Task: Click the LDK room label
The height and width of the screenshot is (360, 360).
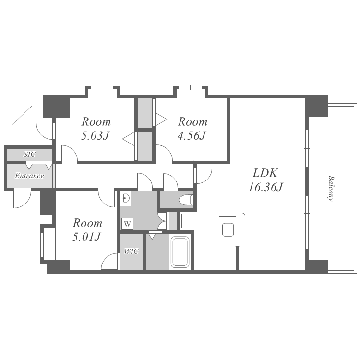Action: [265, 173]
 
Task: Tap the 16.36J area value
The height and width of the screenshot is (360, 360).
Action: [265, 187]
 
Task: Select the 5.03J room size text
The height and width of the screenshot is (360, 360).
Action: [95, 136]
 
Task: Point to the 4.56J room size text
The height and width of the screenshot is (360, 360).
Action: [192, 136]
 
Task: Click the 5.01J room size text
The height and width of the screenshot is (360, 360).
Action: [86, 237]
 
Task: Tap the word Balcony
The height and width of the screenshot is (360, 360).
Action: [331, 189]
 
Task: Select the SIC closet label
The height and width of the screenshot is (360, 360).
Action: [30, 154]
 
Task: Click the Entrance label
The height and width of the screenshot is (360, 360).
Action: [29, 176]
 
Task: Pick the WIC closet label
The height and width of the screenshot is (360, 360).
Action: [132, 252]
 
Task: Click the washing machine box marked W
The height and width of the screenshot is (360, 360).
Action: [127, 223]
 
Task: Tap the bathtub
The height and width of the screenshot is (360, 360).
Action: [180, 252]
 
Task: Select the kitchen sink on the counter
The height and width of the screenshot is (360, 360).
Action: [228, 229]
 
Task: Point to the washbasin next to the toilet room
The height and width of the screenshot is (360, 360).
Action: [126, 198]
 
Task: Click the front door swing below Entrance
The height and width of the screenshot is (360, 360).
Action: [22, 199]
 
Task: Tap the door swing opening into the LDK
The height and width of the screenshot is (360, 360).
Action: [203, 176]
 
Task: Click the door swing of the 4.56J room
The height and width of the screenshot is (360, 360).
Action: [164, 153]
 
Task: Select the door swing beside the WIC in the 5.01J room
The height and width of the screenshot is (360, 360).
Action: [110, 261]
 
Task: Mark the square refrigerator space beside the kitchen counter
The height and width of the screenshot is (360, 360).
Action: [187, 221]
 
